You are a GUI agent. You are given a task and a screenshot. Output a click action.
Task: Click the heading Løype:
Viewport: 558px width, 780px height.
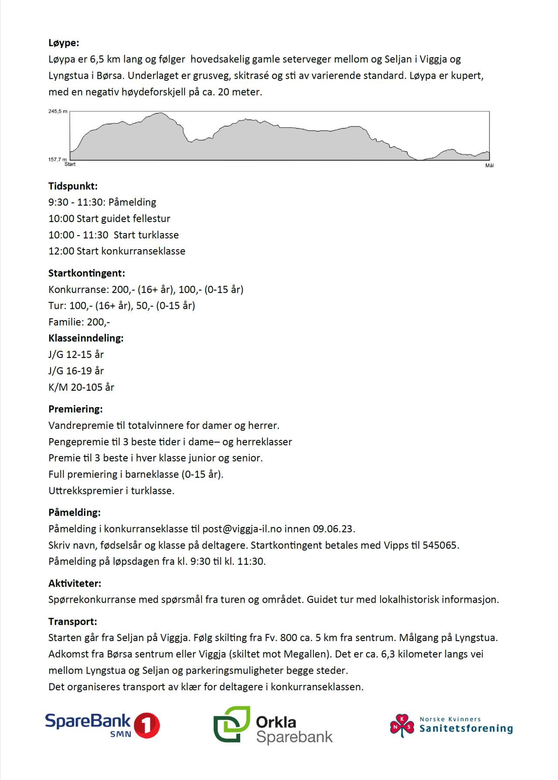[64, 43]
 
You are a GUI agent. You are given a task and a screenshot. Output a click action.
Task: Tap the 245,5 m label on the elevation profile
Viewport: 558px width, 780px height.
[58, 111]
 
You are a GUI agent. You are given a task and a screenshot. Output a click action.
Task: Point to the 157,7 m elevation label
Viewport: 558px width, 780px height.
[58, 159]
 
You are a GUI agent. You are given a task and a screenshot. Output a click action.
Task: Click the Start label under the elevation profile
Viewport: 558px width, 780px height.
[70, 164]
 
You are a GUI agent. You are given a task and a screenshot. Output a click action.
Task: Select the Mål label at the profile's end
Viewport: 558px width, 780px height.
[489, 165]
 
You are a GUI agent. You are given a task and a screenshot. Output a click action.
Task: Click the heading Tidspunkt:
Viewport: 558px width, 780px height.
[73, 186]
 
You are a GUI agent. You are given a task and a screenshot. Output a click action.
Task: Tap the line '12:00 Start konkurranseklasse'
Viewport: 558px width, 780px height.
[117, 251]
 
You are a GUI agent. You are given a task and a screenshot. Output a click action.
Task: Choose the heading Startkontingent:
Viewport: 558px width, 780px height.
[86, 274]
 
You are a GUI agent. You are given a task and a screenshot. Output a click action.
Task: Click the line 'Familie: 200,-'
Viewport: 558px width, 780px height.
[79, 322]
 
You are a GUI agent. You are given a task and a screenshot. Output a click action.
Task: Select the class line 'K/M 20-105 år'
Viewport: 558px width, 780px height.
[81, 387]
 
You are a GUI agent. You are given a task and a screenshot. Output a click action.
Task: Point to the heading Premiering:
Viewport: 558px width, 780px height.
[75, 409]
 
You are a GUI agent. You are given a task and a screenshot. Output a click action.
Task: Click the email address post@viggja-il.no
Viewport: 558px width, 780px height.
[242, 529]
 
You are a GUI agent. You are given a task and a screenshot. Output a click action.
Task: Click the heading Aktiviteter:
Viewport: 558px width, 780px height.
[75, 583]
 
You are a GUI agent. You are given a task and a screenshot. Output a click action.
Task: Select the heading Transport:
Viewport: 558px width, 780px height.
[72, 621]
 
